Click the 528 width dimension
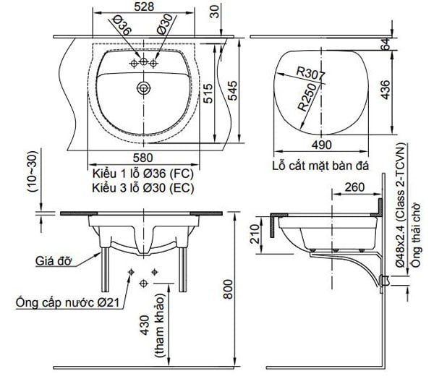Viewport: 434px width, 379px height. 144,7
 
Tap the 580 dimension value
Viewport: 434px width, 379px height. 142,158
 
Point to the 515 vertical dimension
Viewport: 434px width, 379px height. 208,93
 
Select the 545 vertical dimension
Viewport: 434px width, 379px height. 232,90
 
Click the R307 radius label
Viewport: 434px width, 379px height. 310,73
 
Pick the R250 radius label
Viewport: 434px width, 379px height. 307,97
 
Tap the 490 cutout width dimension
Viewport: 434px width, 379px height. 321,145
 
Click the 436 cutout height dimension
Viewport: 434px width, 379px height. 385,90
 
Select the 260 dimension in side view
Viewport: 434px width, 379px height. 354,187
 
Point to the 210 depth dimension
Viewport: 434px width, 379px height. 255,234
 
